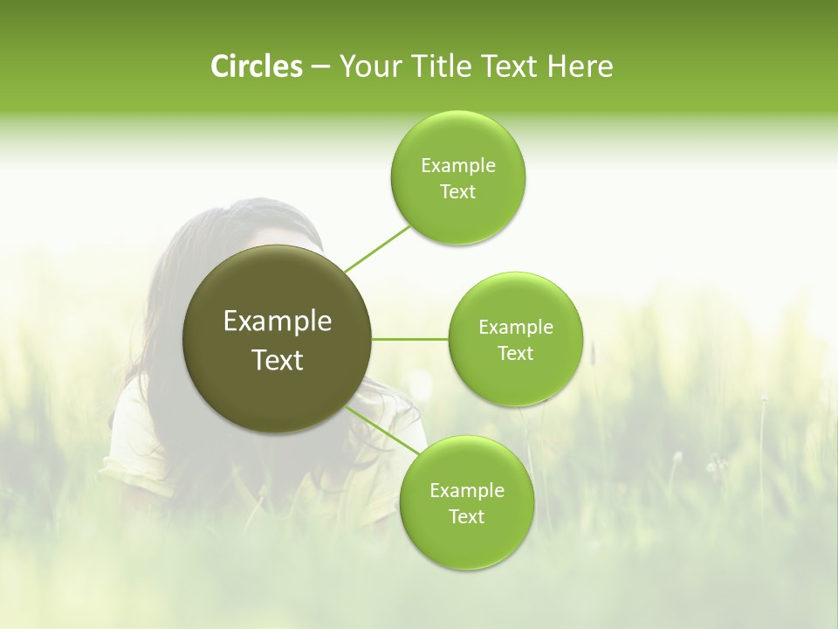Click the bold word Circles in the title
[256, 66]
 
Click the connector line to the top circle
[377, 247]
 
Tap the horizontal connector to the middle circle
[410, 339]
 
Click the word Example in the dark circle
[278, 321]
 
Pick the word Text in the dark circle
[278, 360]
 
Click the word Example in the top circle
[458, 166]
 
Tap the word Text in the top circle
[458, 192]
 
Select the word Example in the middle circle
[516, 328]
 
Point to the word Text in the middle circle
[516, 353]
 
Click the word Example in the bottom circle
[467, 491]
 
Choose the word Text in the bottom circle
[467, 516]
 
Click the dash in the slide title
[320, 66]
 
